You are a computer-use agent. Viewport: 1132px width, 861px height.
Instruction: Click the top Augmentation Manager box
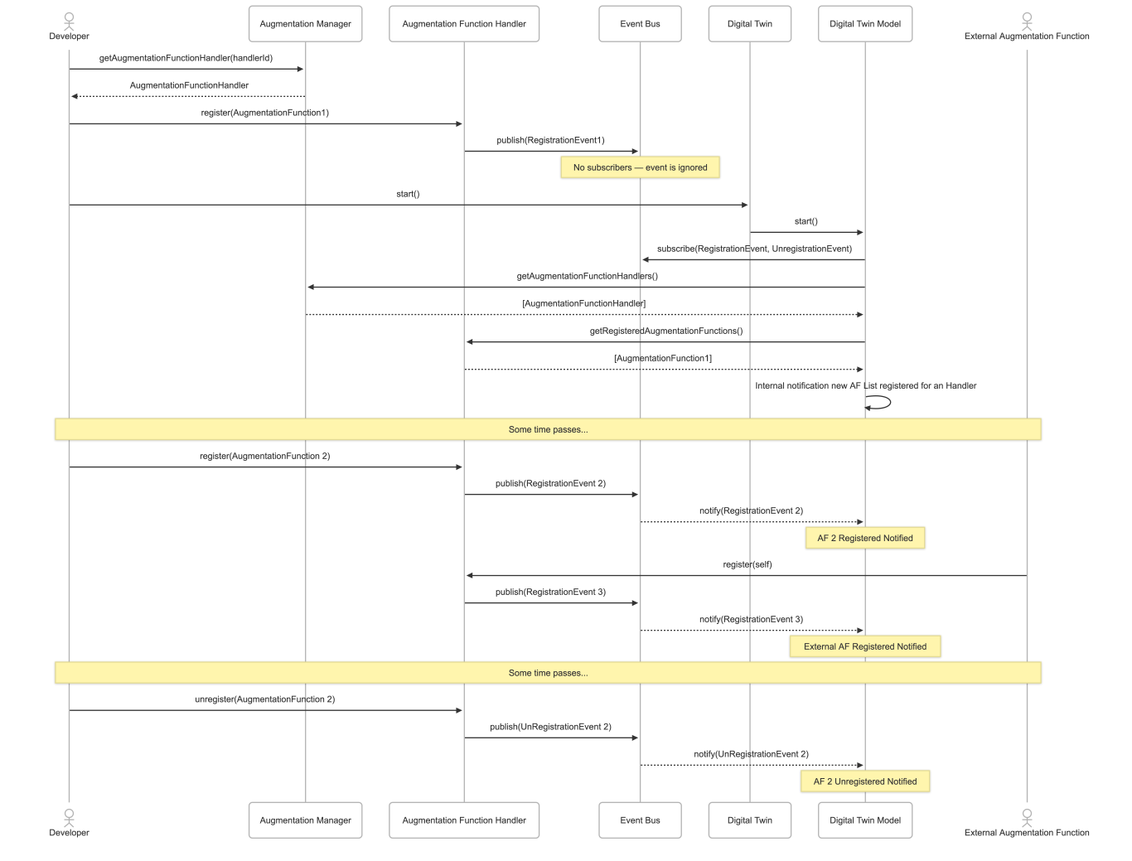(305, 24)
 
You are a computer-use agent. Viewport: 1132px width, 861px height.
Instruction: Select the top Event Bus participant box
(640, 24)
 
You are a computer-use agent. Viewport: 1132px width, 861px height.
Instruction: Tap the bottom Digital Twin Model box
(864, 820)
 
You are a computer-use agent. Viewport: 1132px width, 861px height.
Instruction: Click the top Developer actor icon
(69, 20)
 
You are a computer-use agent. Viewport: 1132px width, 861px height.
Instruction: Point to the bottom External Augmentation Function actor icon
(1027, 816)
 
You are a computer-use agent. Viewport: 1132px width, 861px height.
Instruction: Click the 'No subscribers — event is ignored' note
(640, 167)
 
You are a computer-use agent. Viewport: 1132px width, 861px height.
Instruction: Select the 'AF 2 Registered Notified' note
(864, 538)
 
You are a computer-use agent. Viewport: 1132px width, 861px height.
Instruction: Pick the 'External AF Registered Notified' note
(864, 646)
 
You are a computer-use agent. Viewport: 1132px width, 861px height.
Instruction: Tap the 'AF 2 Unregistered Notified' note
(864, 781)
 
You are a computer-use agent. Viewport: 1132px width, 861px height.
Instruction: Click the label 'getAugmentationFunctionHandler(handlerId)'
(186, 58)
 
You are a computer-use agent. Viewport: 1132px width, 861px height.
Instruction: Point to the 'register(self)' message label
(747, 564)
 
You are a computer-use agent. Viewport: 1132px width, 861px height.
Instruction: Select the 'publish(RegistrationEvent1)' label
(550, 140)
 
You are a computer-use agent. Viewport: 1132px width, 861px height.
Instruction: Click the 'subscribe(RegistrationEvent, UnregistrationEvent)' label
(754, 249)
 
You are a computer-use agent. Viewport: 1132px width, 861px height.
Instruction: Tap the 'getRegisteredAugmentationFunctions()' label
(665, 331)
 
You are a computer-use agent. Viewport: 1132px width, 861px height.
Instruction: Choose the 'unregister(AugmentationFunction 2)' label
(264, 699)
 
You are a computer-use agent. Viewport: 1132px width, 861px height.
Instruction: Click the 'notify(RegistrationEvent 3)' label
(751, 619)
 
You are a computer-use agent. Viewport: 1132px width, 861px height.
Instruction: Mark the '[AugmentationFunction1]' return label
(662, 358)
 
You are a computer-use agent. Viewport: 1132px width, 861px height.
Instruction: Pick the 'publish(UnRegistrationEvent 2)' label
(550, 727)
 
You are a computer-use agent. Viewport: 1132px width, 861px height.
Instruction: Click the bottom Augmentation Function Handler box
(463, 820)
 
